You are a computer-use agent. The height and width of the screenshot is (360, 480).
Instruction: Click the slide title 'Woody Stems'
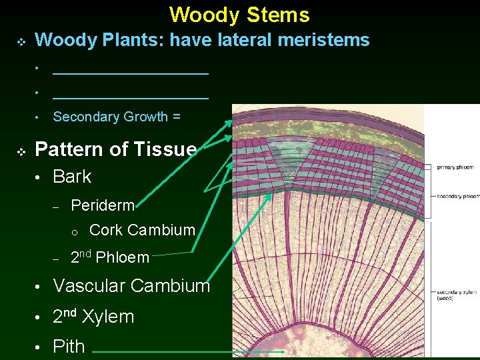(239, 15)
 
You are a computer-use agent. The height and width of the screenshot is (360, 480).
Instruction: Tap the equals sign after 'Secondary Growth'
(177, 117)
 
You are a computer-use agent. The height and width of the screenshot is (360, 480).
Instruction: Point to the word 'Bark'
(72, 177)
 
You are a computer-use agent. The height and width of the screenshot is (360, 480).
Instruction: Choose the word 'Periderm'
(102, 205)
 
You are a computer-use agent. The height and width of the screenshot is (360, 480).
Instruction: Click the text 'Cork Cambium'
(142, 230)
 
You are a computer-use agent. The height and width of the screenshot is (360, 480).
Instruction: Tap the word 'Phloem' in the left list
(125, 257)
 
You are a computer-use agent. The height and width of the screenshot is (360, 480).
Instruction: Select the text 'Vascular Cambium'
(131, 286)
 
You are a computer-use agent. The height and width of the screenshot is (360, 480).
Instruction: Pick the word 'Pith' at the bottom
(69, 347)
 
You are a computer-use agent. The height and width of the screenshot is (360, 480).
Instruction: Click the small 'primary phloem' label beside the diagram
(455, 167)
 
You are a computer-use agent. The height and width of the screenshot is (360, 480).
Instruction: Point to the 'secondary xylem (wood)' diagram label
(456, 295)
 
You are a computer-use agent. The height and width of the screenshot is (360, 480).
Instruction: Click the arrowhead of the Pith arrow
(283, 351)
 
